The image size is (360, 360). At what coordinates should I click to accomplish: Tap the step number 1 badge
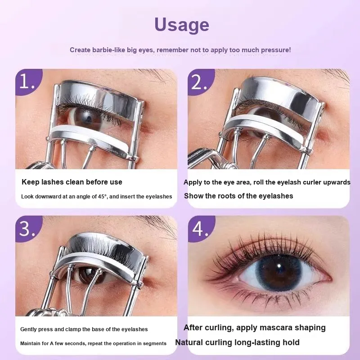click(28, 81)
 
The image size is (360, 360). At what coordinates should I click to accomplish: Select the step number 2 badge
click(200, 81)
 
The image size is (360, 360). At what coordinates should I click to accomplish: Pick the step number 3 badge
click(28, 229)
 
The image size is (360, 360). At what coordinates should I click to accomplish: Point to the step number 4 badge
click(201, 229)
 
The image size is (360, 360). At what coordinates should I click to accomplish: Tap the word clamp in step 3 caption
click(73, 329)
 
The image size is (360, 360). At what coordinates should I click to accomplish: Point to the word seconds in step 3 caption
click(76, 344)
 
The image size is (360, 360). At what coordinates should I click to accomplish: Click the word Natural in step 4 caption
click(189, 342)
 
